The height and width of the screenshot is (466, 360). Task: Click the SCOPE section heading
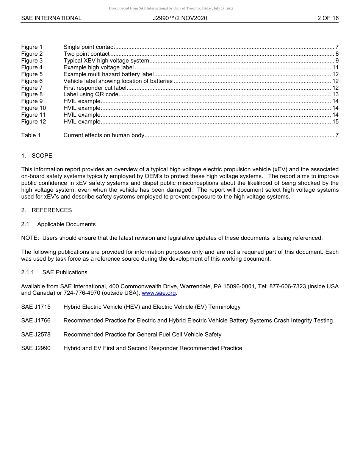[42, 156]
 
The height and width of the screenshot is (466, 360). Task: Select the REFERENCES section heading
[52, 210]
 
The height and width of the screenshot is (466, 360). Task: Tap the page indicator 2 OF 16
[328, 18]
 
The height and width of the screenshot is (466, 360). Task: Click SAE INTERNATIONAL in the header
[51, 18]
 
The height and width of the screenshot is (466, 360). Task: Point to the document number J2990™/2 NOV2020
[180, 18]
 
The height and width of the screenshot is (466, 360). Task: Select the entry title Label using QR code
[91, 94]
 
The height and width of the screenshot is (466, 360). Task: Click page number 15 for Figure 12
[335, 122]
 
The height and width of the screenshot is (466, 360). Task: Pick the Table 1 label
[31, 135]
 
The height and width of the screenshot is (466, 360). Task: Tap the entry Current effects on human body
[104, 135]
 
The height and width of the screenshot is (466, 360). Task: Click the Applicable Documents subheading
[66, 224]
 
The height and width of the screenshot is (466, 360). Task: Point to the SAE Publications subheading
[65, 272]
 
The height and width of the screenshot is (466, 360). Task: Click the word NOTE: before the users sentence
[30, 238]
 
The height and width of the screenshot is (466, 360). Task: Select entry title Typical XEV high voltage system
[106, 61]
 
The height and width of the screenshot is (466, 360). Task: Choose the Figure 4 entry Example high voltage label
[99, 67]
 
